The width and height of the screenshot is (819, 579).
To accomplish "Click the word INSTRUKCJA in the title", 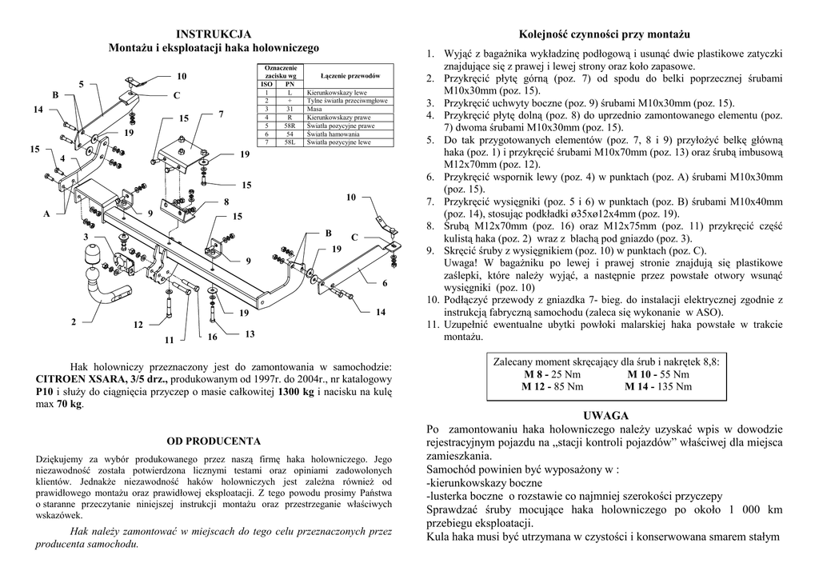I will click(214, 34).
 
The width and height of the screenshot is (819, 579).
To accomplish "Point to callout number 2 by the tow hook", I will click(73, 322).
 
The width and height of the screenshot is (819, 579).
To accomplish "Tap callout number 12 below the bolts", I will click(138, 325).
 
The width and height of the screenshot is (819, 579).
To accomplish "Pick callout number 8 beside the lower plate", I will click(226, 202).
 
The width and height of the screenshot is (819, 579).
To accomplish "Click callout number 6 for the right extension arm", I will click(384, 283).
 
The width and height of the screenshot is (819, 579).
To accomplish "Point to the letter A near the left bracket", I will click(46, 214).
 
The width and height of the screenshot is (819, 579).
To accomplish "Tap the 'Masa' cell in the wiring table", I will click(314, 109).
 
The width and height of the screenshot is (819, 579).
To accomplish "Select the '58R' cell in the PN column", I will click(290, 126).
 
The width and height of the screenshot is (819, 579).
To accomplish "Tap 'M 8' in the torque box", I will click(533, 374).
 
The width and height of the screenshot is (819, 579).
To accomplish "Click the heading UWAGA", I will click(605, 416).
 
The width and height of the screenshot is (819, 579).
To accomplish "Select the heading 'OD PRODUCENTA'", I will click(214, 441).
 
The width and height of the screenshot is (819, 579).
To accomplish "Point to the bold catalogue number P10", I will click(45, 392).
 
